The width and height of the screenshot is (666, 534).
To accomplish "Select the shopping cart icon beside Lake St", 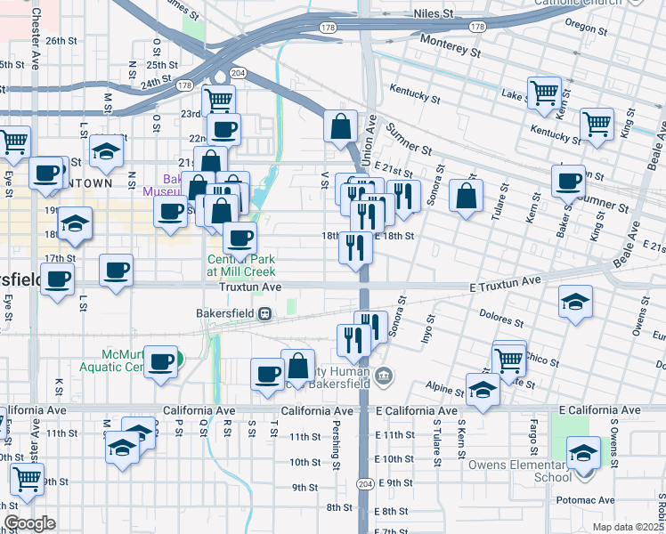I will tap(543, 92).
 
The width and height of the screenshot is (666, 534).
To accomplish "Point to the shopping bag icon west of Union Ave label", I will tap(340, 126).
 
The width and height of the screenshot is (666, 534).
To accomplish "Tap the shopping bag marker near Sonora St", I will tap(466, 195).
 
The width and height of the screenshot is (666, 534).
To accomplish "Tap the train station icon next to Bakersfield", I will tap(264, 313).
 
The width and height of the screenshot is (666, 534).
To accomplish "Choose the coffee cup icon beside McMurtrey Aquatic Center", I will tap(160, 361).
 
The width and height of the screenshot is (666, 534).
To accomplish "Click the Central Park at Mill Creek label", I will tap(240, 264).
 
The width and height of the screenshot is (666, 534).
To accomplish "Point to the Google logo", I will tap(29, 523).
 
